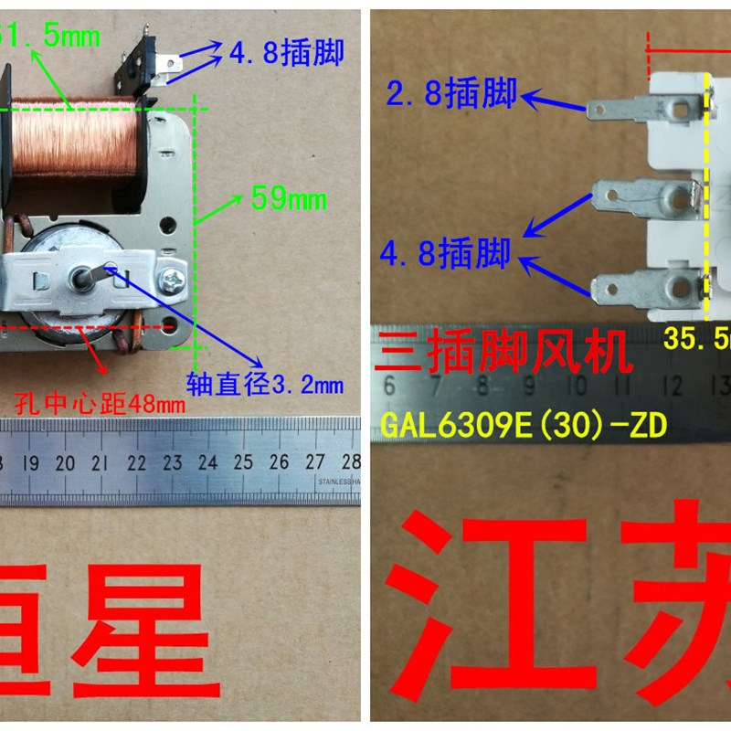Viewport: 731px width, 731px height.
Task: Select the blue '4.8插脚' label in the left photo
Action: [x=286, y=53]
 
